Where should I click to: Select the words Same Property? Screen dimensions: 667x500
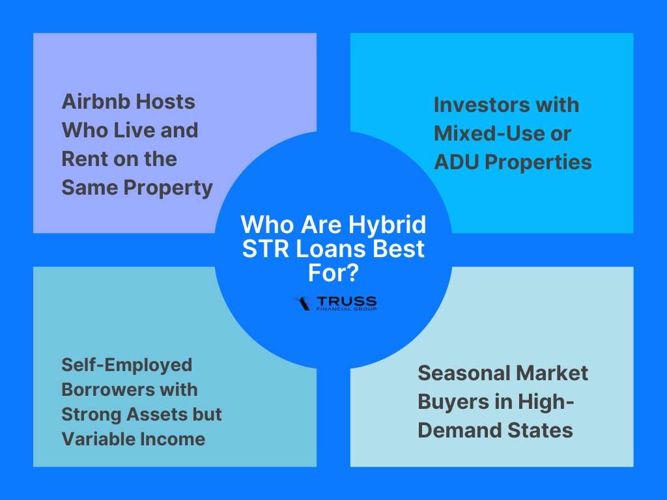pos(137,188)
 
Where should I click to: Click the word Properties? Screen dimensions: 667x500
pos(538,163)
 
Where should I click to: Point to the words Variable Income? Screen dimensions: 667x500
pos(133,439)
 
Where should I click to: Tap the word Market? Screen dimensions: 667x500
pos(548,373)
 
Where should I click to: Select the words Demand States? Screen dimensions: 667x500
pos(495,430)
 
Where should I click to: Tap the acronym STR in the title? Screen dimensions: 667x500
pos(266,249)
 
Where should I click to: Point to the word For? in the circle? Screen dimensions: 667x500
pos(333,273)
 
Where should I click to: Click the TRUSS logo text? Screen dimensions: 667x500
pos(347,301)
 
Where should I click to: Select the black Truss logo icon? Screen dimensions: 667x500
pos(303,303)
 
